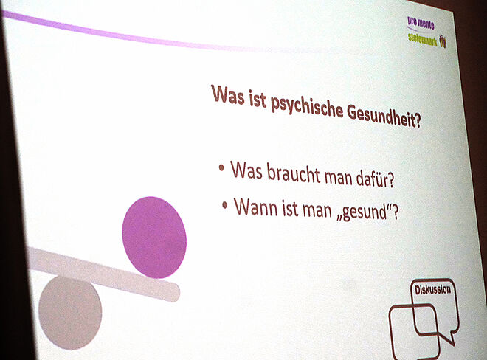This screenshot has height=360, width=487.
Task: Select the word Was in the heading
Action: coord(228,94)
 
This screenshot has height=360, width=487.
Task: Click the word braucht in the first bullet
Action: coord(294,174)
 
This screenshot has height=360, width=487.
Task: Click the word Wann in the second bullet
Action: coord(256,207)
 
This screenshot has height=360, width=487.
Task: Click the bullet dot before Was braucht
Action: coord(221,168)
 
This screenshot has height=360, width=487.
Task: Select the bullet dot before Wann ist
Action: coord(225,205)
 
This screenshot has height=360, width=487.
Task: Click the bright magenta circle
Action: coord(154,238)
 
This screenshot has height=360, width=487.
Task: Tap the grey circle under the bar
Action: coord(70,313)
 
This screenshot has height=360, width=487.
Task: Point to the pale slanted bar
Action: coord(103,274)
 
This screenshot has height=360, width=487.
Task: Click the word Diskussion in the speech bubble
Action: coord(432,289)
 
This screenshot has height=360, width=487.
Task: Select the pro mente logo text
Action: coord(421,23)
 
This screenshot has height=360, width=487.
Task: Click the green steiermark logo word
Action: coord(422,39)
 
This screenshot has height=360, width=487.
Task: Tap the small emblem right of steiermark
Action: coord(443,41)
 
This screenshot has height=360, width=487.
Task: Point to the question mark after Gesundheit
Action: coord(418,121)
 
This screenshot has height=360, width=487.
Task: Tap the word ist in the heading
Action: coord(258,100)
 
